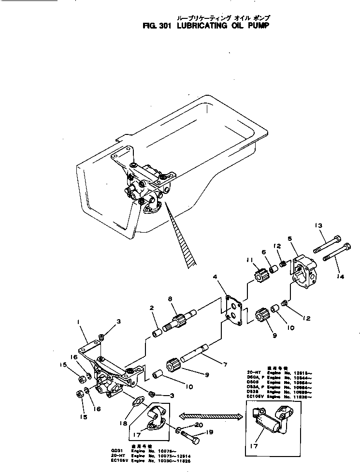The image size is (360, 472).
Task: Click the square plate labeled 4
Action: click(232, 308)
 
